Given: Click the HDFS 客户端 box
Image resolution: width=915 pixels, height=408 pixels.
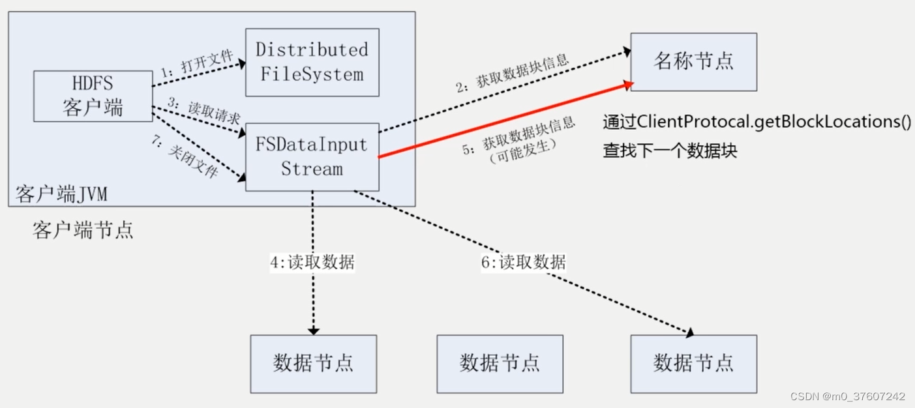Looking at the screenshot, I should coord(93,96).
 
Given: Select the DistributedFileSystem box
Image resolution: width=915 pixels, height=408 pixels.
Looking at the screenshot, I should coord(312,62).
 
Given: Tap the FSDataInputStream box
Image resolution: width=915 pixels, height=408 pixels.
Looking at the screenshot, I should coord(312,157).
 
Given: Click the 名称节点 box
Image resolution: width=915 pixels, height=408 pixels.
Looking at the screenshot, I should coord(693,62).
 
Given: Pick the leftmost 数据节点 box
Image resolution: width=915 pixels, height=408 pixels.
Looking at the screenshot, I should coord(313,364).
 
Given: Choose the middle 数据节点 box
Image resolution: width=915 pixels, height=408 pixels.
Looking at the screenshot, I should coord(500,364).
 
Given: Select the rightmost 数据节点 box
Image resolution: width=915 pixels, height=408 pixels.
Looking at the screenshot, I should coord(693,364).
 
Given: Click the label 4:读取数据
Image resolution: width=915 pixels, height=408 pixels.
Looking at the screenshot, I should coord(312,262).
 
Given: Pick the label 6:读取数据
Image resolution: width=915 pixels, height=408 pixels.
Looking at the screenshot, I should coord(523,262).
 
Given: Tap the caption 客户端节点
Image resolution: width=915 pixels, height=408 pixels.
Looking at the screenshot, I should coord(83,229).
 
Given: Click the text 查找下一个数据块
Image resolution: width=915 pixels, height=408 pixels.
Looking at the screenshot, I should coord(670,151).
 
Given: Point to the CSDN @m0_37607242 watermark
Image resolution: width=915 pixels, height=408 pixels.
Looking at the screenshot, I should coord(847,396).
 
